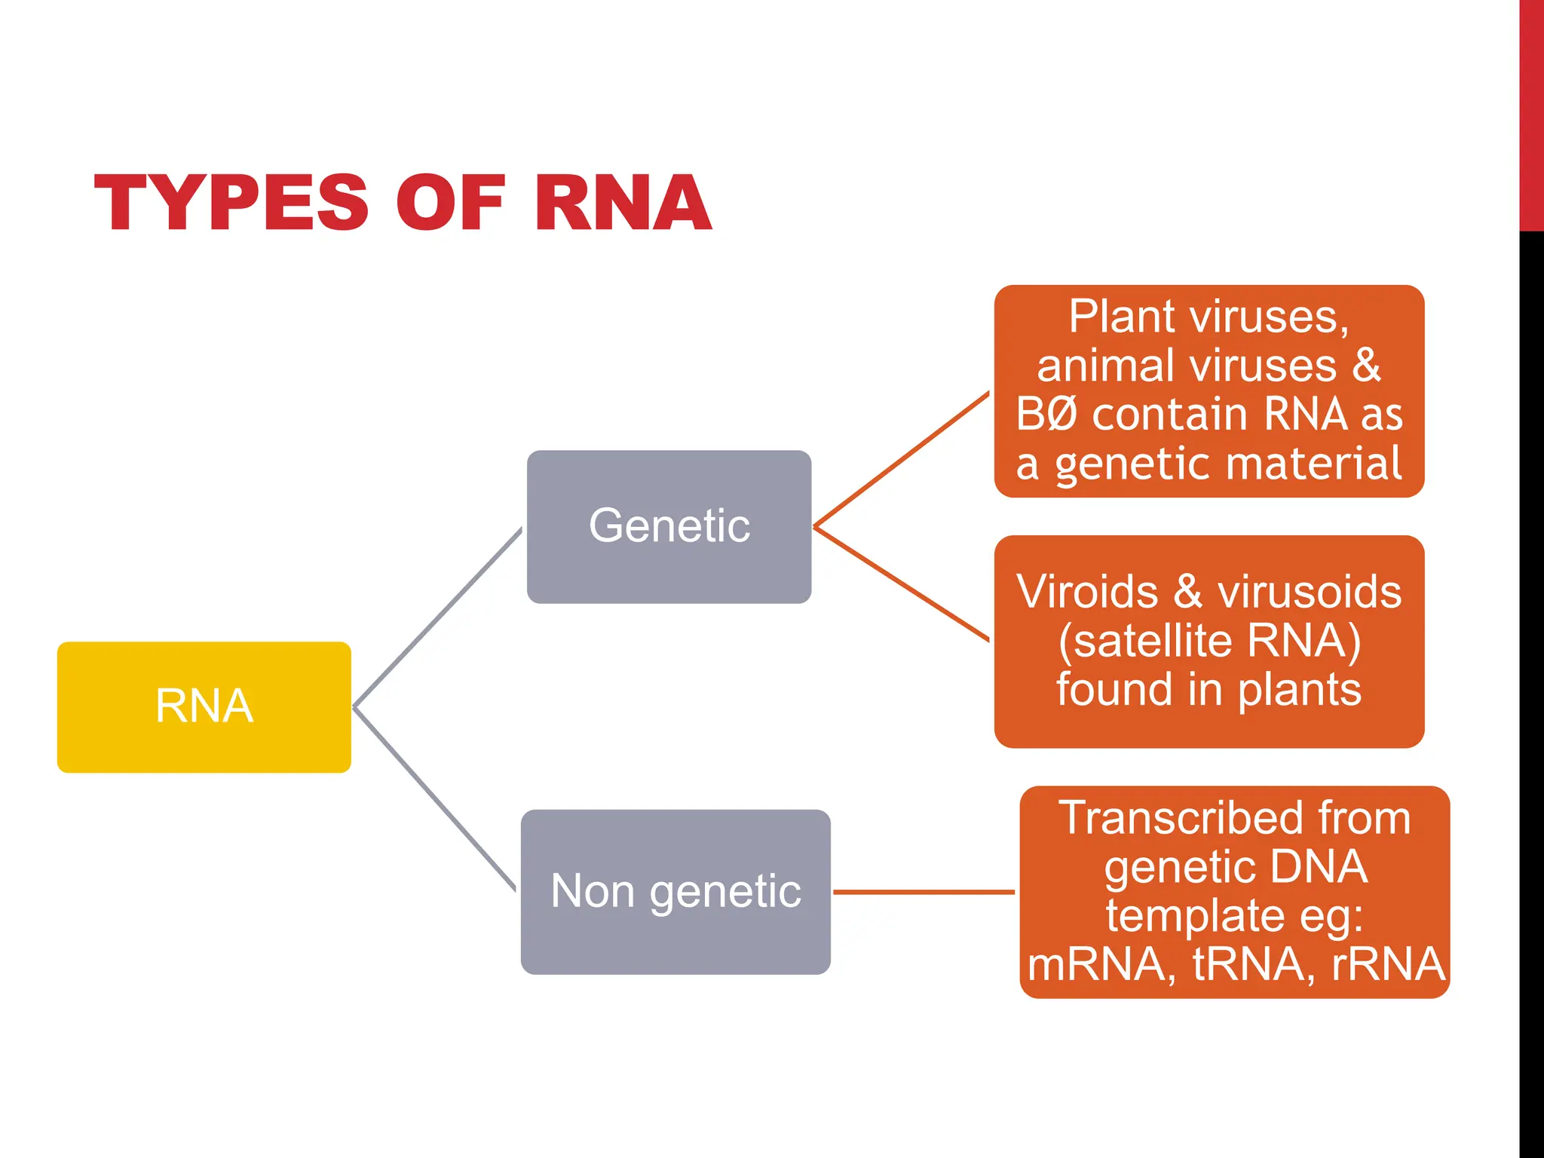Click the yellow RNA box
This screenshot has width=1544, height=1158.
[204, 706]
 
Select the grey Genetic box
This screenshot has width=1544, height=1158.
[669, 526]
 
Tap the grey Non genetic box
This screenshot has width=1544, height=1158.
[675, 891]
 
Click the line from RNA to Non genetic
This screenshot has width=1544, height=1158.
[435, 799]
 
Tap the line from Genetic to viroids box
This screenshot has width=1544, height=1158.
[901, 584]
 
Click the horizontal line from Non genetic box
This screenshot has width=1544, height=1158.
[924, 892]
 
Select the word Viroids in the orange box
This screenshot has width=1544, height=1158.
[1086, 592]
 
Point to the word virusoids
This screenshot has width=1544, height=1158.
[1310, 592]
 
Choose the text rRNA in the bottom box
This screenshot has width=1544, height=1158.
[1387, 964]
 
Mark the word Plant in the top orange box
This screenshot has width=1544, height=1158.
[1116, 317]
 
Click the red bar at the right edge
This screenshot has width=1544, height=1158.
[1531, 113]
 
